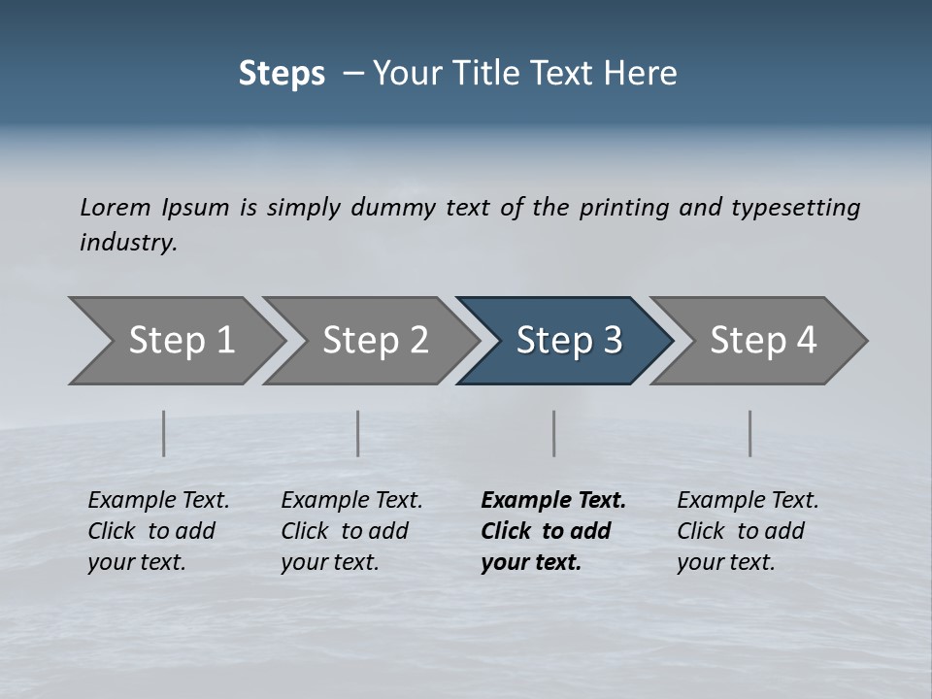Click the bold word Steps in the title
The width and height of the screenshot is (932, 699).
tap(282, 74)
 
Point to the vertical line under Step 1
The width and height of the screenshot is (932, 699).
tap(164, 433)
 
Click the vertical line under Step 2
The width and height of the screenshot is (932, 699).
tap(358, 433)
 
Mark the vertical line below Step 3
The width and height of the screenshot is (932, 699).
tap(554, 433)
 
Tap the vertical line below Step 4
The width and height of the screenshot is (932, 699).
tap(750, 433)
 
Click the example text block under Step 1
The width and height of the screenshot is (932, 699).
tap(158, 531)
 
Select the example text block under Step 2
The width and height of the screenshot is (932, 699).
tap(351, 531)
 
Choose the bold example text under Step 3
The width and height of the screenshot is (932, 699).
tap(553, 531)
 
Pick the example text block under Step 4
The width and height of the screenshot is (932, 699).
tap(748, 531)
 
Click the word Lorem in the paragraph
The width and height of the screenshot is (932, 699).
tap(116, 207)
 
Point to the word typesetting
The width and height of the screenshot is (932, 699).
tap(795, 208)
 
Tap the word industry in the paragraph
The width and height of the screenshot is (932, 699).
tap(128, 243)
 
